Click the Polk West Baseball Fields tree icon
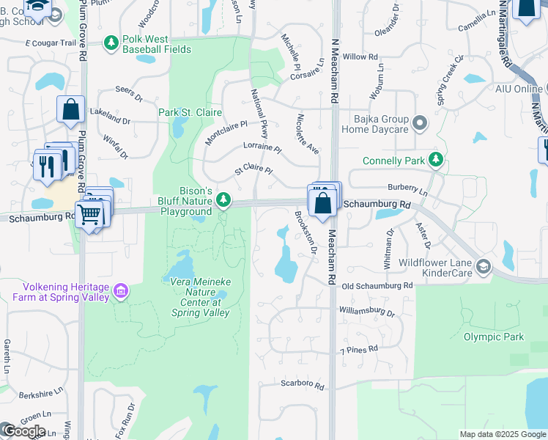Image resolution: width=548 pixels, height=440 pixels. (111, 44)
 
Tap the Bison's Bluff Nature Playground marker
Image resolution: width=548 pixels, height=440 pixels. (223, 199)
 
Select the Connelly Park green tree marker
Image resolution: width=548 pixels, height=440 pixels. (436, 158)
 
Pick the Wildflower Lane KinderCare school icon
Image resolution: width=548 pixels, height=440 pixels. (483, 266)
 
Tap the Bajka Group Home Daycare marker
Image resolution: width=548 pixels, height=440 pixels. (420, 122)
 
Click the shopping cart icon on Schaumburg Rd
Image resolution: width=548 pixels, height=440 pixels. (89, 214)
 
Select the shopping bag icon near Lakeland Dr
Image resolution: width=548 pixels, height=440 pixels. (70, 110)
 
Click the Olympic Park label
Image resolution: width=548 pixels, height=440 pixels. (494, 337)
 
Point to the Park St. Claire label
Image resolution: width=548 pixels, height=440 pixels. (189, 113)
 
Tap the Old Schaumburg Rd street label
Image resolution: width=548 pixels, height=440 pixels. (377, 285)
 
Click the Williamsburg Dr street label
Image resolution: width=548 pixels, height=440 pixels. (366, 312)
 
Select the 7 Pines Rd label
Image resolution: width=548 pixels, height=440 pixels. (359, 350)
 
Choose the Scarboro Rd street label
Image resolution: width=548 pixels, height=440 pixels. (302, 384)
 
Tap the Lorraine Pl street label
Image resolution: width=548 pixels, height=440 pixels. (262, 147)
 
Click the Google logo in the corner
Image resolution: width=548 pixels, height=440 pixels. (23, 431)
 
